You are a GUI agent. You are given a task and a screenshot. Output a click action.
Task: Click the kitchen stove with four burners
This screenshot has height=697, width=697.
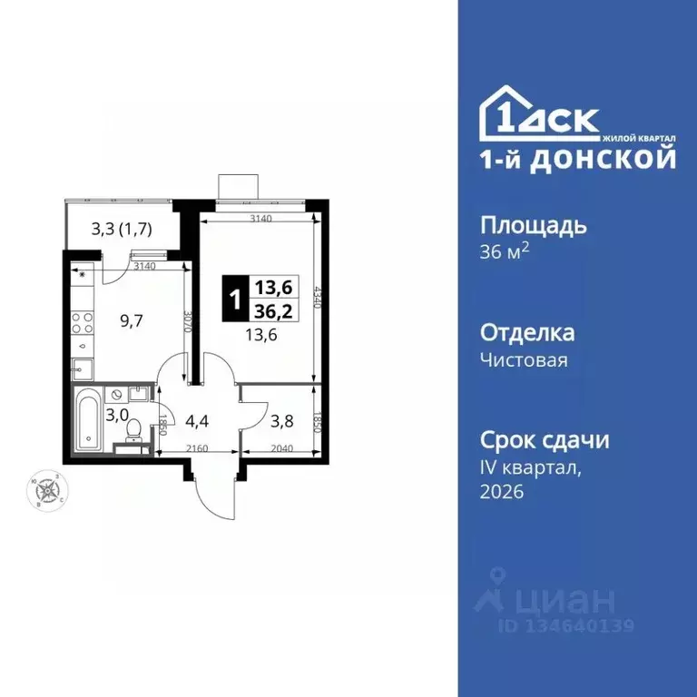tap(83, 323)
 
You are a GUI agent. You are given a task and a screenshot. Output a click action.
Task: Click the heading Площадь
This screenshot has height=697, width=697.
tap(533, 225)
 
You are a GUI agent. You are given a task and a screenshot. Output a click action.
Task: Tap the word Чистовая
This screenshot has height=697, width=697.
tap(524, 360)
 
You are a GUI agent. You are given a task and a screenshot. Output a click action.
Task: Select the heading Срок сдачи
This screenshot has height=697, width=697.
tap(544, 440)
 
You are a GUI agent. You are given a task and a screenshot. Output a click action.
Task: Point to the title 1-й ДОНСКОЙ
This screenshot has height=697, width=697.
tap(577, 160)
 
